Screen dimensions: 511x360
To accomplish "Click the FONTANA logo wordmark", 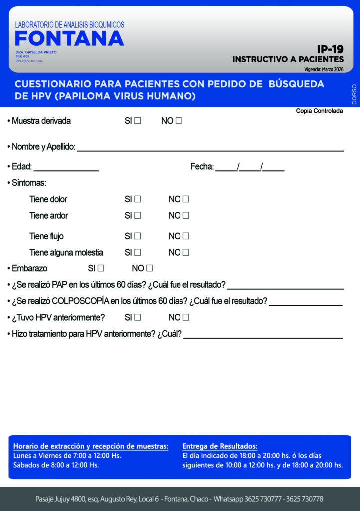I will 69,39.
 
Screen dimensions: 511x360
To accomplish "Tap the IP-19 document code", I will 330,49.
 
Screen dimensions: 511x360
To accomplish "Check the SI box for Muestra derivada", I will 138,121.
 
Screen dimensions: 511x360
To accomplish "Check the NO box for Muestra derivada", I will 179,121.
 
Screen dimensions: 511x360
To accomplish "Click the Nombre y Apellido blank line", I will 210,149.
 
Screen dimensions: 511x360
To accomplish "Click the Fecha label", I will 201,167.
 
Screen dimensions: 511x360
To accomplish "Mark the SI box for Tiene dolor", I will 138,199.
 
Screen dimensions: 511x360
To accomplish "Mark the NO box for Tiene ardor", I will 186,216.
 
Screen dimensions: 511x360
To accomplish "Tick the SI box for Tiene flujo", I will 138,236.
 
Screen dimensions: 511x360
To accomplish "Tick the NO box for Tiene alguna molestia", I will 186,252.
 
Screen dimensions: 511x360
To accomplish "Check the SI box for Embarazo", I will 101,268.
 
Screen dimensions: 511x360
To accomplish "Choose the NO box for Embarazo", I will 149,268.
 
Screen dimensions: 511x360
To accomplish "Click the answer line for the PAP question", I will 285,288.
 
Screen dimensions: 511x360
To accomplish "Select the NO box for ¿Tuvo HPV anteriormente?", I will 186,317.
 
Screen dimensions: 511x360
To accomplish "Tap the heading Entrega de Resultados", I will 220,446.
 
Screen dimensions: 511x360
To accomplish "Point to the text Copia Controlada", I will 319,111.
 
